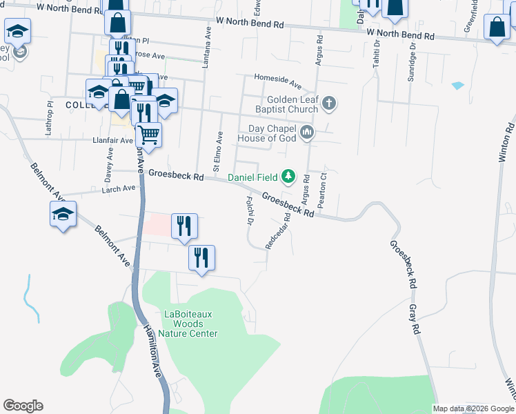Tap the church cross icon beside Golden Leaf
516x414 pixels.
[x=329, y=104]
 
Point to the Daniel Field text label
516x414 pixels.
[x=252, y=178]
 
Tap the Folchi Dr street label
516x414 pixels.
[x=247, y=210]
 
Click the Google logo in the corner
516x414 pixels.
[x=23, y=406]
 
